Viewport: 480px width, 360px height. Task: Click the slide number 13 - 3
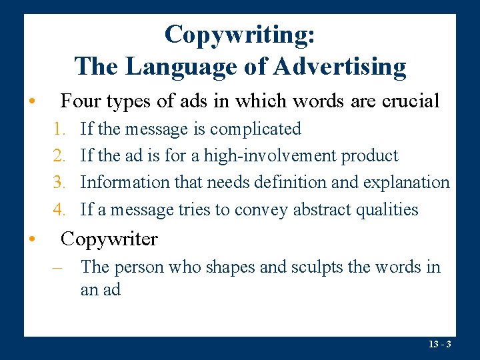441,345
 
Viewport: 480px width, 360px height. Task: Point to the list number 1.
59,129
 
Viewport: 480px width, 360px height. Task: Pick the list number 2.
59,156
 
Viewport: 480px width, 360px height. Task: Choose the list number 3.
59,183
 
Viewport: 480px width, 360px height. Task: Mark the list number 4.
59,209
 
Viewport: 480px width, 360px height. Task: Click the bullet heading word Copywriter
109,239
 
